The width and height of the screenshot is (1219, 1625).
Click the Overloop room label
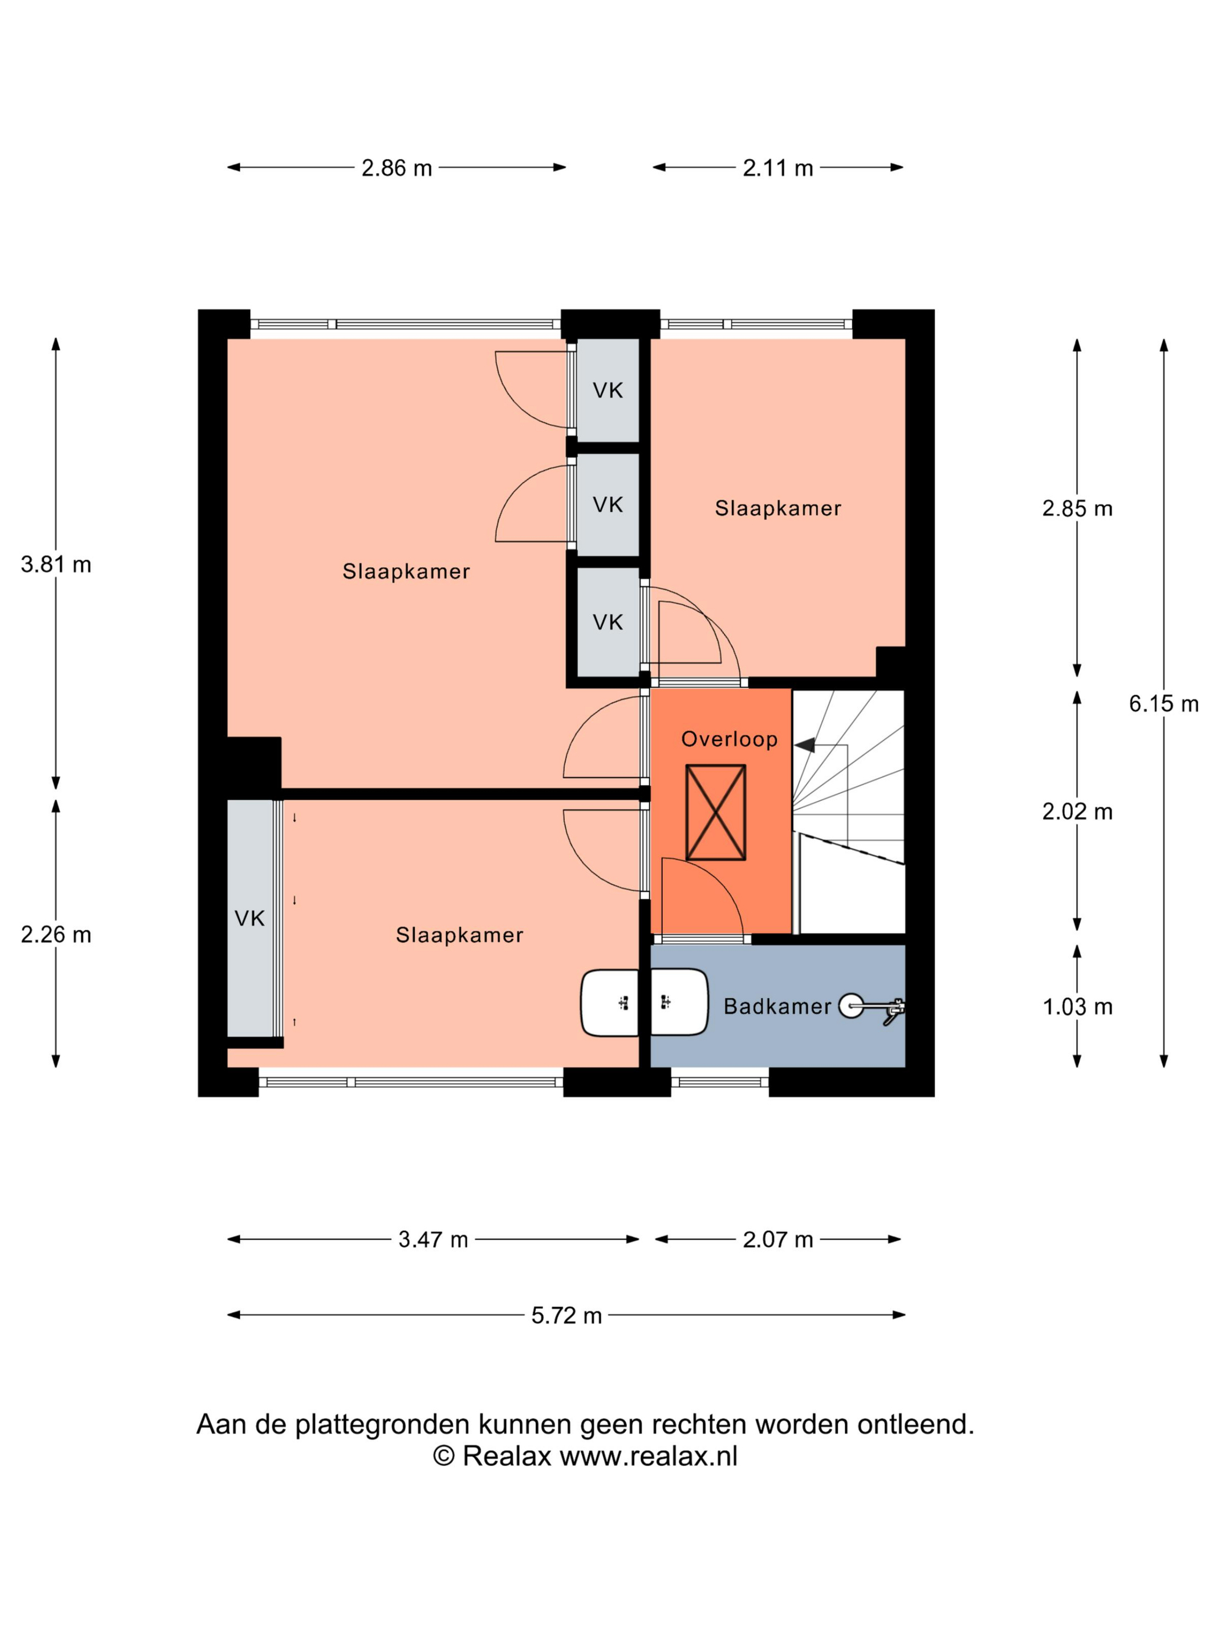click(x=729, y=739)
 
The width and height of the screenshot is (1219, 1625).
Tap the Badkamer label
click(x=777, y=1006)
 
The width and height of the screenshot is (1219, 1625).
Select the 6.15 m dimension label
click(x=1163, y=704)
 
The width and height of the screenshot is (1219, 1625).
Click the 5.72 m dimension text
click(x=567, y=1315)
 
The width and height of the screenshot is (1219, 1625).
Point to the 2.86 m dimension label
click(x=397, y=168)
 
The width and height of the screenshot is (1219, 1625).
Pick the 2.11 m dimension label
click(x=777, y=168)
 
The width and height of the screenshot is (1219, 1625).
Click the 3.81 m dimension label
click(x=56, y=564)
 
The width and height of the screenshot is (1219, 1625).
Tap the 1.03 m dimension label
click(x=1077, y=1006)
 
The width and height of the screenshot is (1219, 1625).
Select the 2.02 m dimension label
click(x=1077, y=812)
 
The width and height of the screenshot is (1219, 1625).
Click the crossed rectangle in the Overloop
click(x=715, y=812)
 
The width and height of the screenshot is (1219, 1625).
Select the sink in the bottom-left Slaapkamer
click(x=610, y=1002)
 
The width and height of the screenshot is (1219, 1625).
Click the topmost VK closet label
click(x=608, y=391)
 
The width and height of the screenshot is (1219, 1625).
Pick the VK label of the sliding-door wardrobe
click(x=249, y=918)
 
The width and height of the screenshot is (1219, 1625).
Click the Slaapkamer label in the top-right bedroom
click(x=777, y=508)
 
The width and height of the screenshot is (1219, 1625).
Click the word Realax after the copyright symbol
click(x=506, y=1456)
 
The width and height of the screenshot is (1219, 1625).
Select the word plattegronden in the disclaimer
click(x=382, y=1424)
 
